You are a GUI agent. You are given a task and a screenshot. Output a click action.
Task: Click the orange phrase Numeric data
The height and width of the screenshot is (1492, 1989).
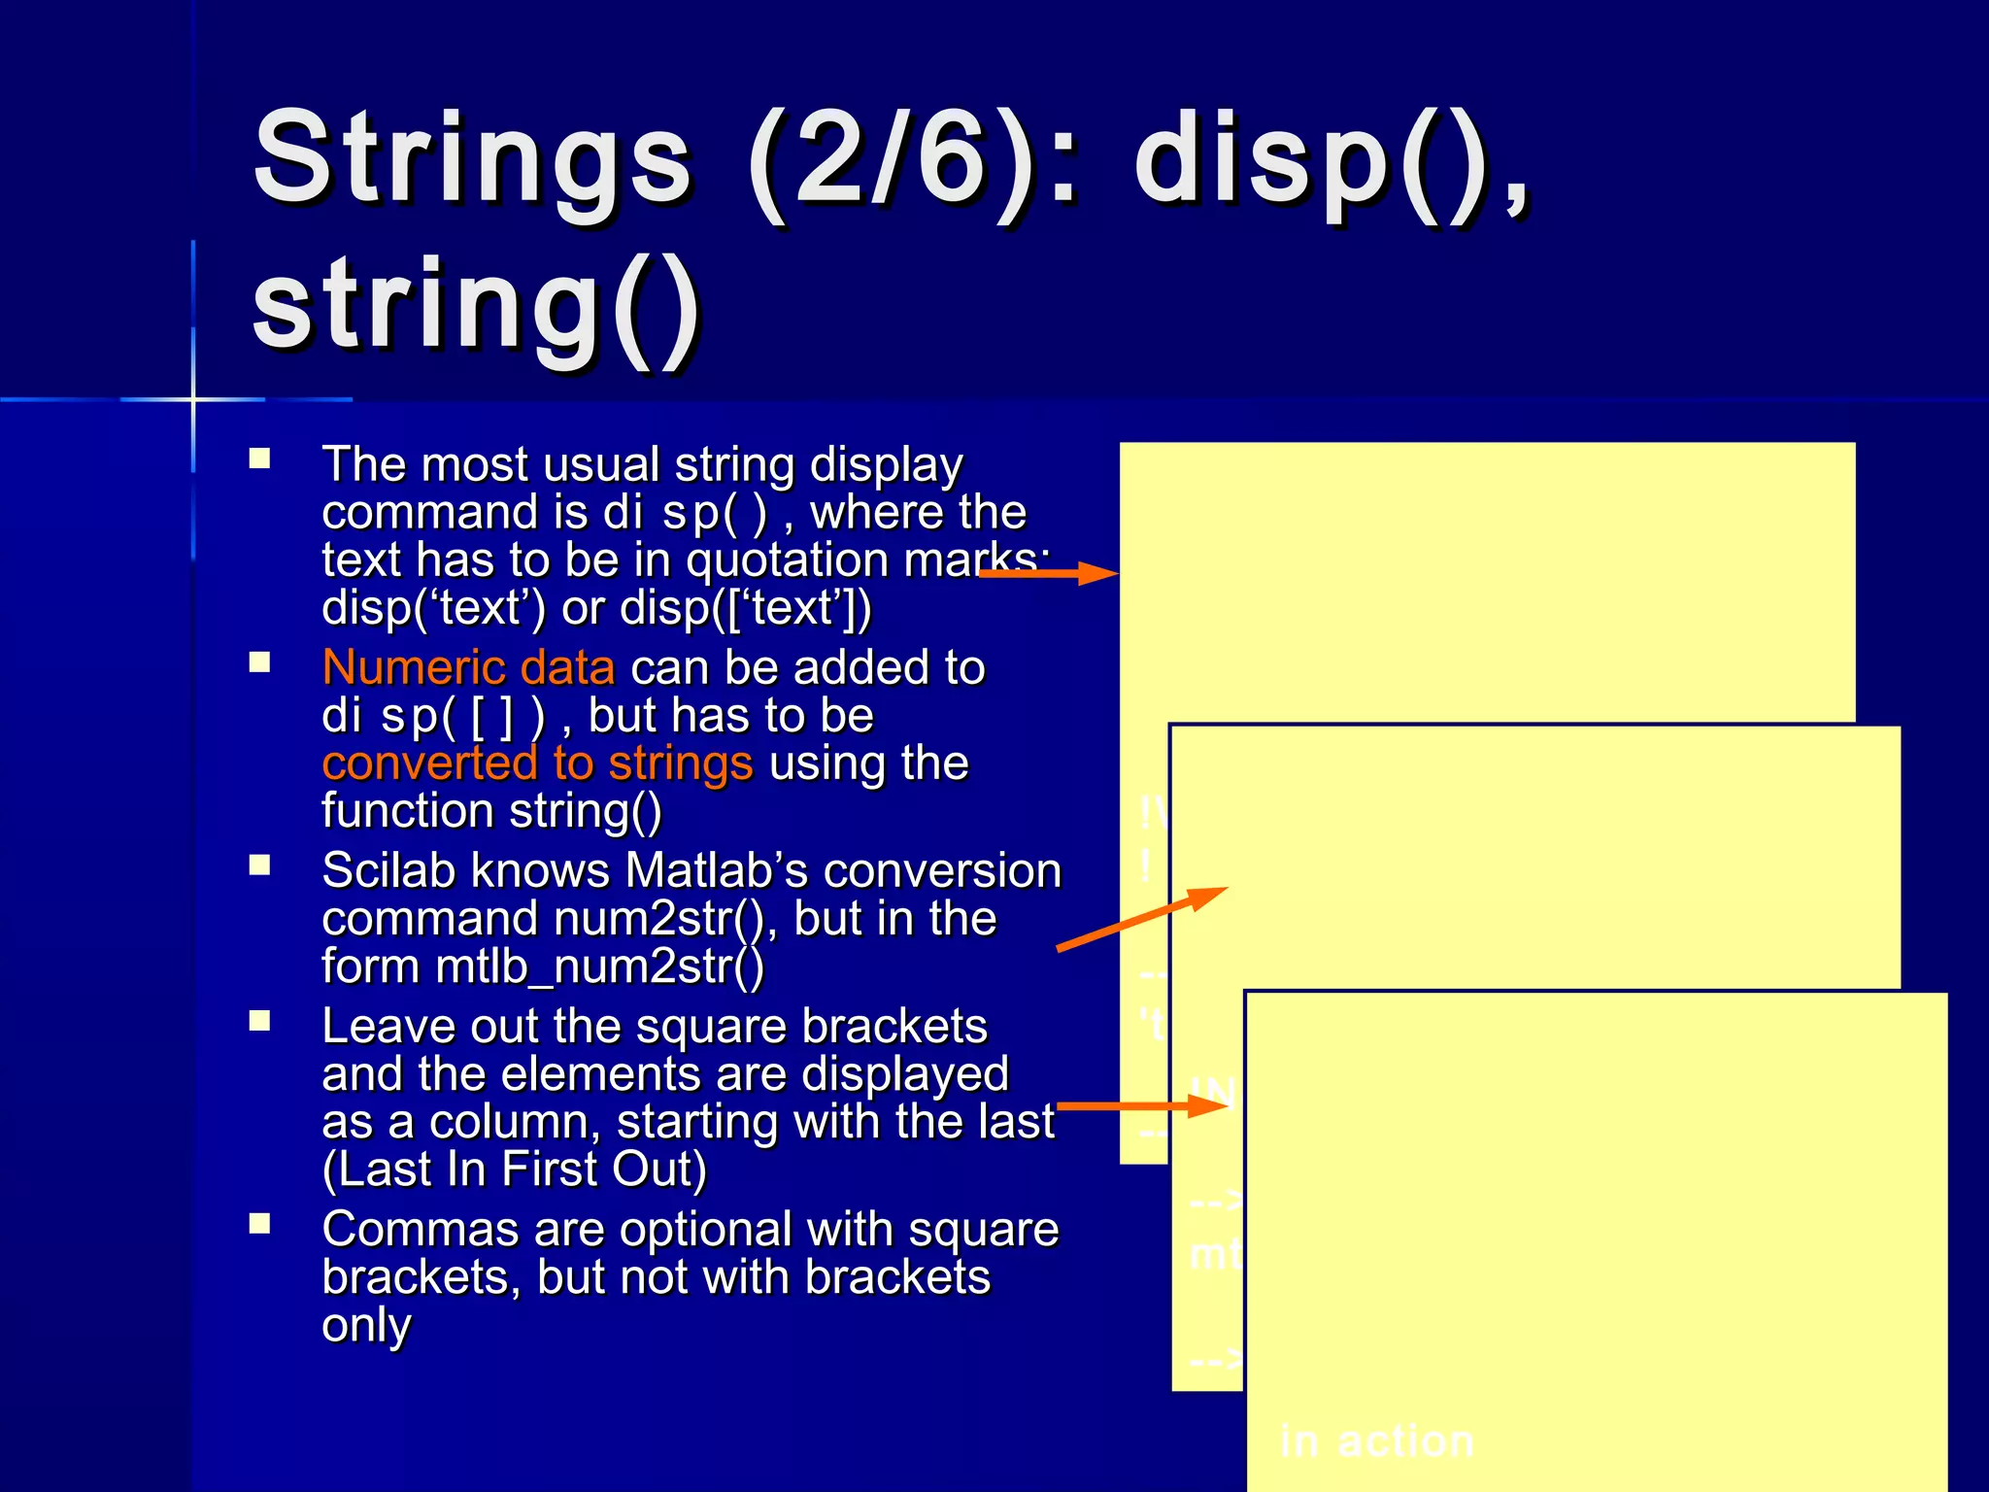click(468, 668)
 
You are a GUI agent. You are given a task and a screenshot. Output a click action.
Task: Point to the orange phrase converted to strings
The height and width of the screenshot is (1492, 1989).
click(537, 763)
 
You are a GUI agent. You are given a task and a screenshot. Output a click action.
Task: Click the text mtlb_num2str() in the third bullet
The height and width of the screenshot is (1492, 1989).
click(600, 966)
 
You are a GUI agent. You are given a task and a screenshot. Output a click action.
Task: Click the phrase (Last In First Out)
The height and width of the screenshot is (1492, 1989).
click(514, 1169)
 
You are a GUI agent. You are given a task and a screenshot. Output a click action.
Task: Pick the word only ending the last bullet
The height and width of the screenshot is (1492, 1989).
click(366, 1325)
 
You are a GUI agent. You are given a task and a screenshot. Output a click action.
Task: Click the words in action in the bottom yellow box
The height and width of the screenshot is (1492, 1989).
click(1376, 1441)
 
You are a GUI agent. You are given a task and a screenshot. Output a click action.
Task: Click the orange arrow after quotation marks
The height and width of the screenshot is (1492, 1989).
click(1049, 574)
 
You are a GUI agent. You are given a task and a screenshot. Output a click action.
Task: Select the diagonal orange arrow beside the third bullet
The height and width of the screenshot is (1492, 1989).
click(1142, 919)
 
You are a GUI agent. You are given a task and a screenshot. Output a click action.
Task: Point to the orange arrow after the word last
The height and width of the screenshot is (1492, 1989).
click(1142, 1105)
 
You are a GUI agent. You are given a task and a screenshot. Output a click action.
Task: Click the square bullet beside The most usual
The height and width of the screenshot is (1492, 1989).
click(259, 458)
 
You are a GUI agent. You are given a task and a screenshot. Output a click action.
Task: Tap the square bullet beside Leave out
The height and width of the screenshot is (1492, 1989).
click(259, 1021)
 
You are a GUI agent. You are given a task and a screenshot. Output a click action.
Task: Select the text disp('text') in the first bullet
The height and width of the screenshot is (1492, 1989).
click(433, 609)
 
